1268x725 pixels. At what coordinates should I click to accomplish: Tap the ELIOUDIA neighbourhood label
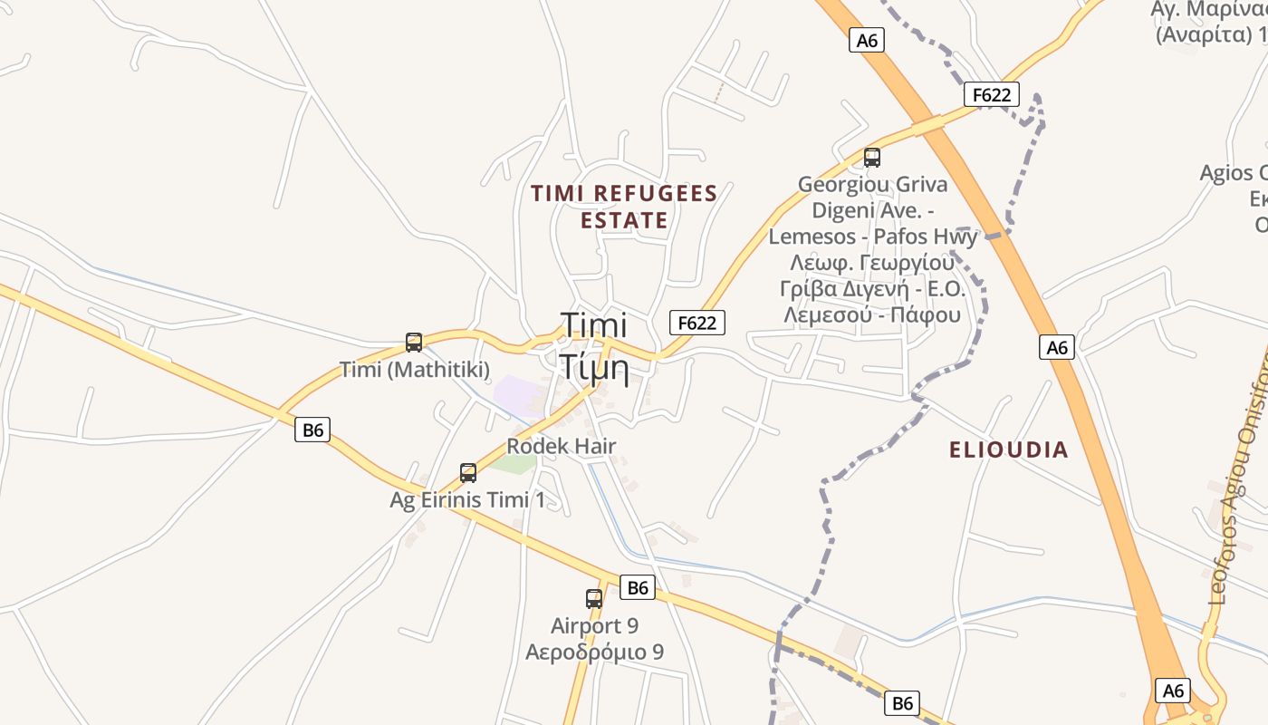point(1008,449)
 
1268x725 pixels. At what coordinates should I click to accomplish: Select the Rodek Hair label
point(562,446)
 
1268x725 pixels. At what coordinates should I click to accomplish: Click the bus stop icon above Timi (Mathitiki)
point(414,343)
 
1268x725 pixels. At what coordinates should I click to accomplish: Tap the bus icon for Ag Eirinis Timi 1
point(468,472)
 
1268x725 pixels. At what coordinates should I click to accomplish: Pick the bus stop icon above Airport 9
point(594,598)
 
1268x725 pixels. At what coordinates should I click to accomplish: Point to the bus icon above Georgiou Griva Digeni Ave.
point(872,158)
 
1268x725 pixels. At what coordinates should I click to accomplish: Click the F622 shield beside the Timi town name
point(697,323)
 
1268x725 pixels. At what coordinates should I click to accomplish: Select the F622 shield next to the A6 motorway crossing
point(992,94)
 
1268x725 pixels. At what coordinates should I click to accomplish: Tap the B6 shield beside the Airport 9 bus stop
point(638,587)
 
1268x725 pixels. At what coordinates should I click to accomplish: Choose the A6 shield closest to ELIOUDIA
point(1057,347)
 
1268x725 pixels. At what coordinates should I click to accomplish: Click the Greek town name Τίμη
point(593,367)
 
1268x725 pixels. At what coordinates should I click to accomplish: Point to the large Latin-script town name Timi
point(594,324)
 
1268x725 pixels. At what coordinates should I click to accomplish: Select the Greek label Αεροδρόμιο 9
point(594,652)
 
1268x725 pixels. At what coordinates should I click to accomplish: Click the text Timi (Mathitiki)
point(415,369)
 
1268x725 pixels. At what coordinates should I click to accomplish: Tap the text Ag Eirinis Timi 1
point(468,499)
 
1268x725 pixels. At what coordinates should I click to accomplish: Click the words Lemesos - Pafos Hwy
point(873,237)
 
